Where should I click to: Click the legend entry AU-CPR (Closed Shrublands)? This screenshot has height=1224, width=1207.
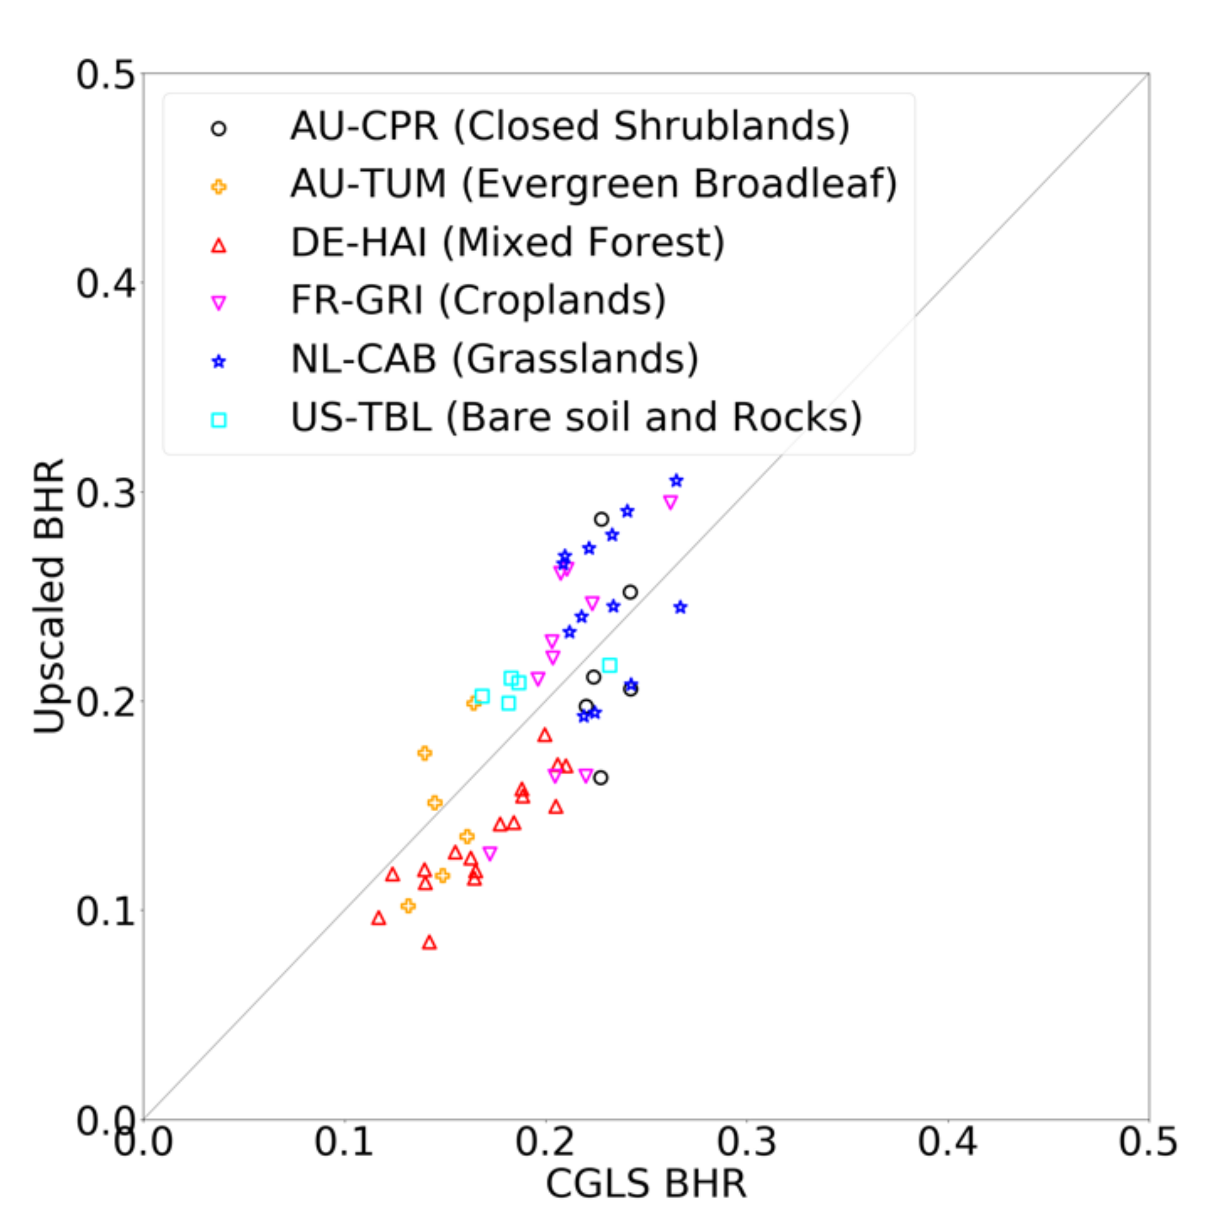point(570,126)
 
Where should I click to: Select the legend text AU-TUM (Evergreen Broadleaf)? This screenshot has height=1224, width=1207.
point(594,184)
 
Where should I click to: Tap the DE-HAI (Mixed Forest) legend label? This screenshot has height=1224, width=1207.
point(507,242)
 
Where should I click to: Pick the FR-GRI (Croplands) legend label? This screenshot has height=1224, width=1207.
point(478,300)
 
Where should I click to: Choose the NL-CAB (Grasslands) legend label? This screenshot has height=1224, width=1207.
point(494,358)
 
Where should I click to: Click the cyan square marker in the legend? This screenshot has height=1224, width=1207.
point(218,420)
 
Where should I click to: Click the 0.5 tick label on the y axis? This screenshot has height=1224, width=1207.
point(106,75)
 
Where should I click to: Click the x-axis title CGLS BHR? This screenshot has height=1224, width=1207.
point(645,1183)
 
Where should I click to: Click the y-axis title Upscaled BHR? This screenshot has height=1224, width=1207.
point(49,595)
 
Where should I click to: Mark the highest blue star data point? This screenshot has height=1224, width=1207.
point(676,480)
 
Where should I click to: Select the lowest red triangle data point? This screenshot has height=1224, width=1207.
point(429,943)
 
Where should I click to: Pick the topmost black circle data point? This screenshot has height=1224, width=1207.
point(601,519)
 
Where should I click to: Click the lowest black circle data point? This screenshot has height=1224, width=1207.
point(600,777)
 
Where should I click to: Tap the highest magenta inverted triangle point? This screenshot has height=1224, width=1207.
point(670,502)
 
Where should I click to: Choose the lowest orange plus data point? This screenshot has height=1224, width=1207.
point(408,906)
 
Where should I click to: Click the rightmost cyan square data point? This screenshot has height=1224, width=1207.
point(610,665)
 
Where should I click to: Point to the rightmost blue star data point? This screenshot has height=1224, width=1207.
point(680,607)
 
